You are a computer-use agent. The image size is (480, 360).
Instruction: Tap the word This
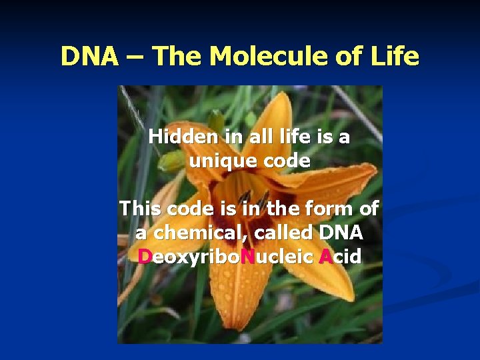pyautogui.click(x=140, y=209)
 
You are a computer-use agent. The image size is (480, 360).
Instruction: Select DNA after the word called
pyautogui.click(x=341, y=233)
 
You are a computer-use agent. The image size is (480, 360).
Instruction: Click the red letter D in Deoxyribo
pyautogui.click(x=145, y=257)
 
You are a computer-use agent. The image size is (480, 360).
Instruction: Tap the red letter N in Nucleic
pyautogui.click(x=248, y=257)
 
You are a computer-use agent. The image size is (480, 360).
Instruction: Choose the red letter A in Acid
pyautogui.click(x=325, y=257)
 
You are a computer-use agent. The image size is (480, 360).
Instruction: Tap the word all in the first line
pyautogui.click(x=266, y=137)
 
